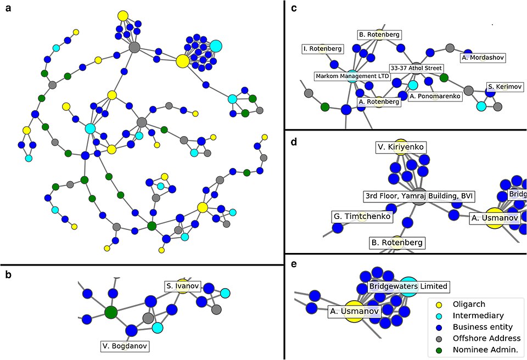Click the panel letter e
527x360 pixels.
click(294, 265)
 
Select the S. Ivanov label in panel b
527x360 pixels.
click(183, 286)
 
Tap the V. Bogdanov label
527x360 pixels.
click(125, 346)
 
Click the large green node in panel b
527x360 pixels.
click(111, 313)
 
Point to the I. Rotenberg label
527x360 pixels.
click(322, 49)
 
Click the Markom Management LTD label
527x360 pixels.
click(352, 76)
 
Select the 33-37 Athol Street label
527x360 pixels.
click(416, 68)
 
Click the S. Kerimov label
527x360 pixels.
click(505, 87)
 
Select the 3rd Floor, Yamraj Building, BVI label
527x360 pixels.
click(419, 196)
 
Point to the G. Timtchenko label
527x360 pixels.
click(362, 216)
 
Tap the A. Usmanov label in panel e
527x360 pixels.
click(355, 311)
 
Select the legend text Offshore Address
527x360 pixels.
click(485, 338)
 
